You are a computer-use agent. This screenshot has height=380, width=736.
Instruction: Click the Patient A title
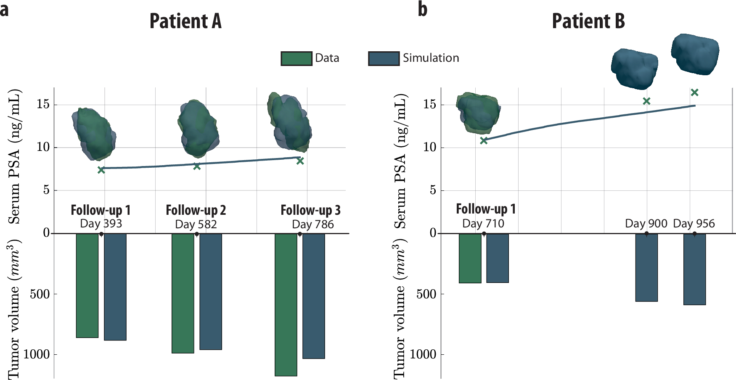[x=185, y=21]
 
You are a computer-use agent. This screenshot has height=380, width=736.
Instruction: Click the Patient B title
[x=588, y=21]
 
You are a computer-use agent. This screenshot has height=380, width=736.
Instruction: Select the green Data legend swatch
[x=297, y=58]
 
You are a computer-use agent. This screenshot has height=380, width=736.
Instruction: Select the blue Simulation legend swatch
[x=384, y=58]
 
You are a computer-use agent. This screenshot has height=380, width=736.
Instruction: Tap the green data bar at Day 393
[x=87, y=285]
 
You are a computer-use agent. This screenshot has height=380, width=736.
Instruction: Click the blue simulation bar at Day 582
[x=211, y=291]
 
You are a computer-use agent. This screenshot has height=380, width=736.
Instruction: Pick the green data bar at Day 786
[x=286, y=304]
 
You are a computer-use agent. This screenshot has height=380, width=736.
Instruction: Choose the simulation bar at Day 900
[x=646, y=267]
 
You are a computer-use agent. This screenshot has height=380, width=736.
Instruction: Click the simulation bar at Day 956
[x=694, y=269]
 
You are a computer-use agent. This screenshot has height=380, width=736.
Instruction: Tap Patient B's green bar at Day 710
[x=470, y=258]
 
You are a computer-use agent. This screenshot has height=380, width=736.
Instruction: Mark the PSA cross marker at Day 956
[x=694, y=92]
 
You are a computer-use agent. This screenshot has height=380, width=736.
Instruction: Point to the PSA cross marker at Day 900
[x=646, y=101]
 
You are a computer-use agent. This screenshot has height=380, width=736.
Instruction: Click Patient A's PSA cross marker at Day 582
[x=197, y=166]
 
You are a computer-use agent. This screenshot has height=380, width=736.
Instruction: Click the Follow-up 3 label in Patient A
[x=310, y=210]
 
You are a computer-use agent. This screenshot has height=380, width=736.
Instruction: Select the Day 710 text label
[x=483, y=224]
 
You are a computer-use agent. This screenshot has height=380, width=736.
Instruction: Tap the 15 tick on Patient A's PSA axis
[x=43, y=104]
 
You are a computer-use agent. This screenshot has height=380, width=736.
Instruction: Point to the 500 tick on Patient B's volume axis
[x=426, y=294]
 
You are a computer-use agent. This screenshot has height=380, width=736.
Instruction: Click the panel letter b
[x=422, y=9]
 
